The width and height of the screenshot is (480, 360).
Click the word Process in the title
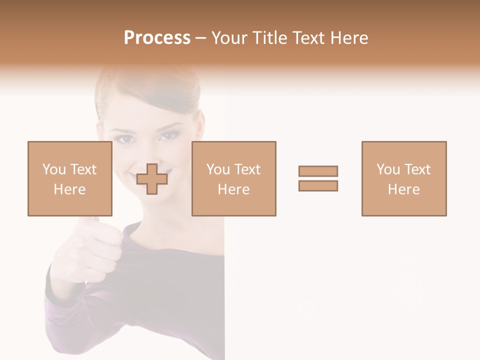pyautogui.click(x=157, y=38)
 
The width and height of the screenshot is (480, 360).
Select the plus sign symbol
pyautogui.click(x=152, y=179)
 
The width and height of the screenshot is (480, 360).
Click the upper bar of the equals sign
pyautogui.click(x=318, y=171)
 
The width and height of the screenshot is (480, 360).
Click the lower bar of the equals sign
pyautogui.click(x=318, y=185)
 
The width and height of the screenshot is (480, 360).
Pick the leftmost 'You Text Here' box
pyautogui.click(x=69, y=178)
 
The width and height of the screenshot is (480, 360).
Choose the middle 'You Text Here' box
pyautogui.click(x=233, y=178)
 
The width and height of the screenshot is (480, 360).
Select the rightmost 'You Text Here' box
pyautogui.click(x=403, y=178)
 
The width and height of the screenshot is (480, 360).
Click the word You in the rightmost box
pyautogui.click(x=387, y=169)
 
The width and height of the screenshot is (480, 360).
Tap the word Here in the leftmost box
pyautogui.click(x=69, y=189)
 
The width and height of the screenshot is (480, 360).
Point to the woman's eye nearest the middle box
pyautogui.click(x=169, y=135)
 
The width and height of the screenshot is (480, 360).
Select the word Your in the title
pyautogui.click(x=229, y=38)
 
